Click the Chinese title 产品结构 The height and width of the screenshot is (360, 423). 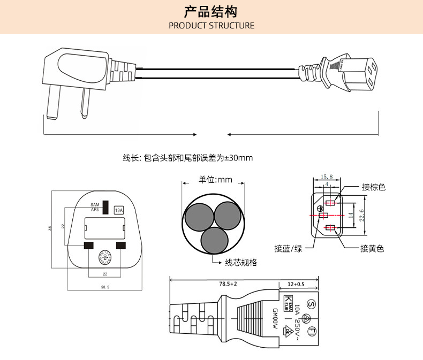coord(211,11)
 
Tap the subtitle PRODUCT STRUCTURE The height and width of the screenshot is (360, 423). coord(211,26)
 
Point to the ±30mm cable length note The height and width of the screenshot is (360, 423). coord(188,158)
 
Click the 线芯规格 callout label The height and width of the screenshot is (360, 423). coord(240,263)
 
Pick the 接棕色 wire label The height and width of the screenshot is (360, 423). coord(373,187)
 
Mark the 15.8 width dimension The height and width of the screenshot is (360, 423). coord(327,177)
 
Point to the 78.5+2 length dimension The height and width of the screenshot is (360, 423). coord(228,284)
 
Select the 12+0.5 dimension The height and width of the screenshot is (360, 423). coord(296,284)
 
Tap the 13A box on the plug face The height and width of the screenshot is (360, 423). coord(119,210)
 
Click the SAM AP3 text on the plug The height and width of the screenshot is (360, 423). coord(95,207)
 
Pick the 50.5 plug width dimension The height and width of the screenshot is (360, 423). coord(104,288)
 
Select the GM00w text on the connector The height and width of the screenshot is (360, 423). coord(275,319)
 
